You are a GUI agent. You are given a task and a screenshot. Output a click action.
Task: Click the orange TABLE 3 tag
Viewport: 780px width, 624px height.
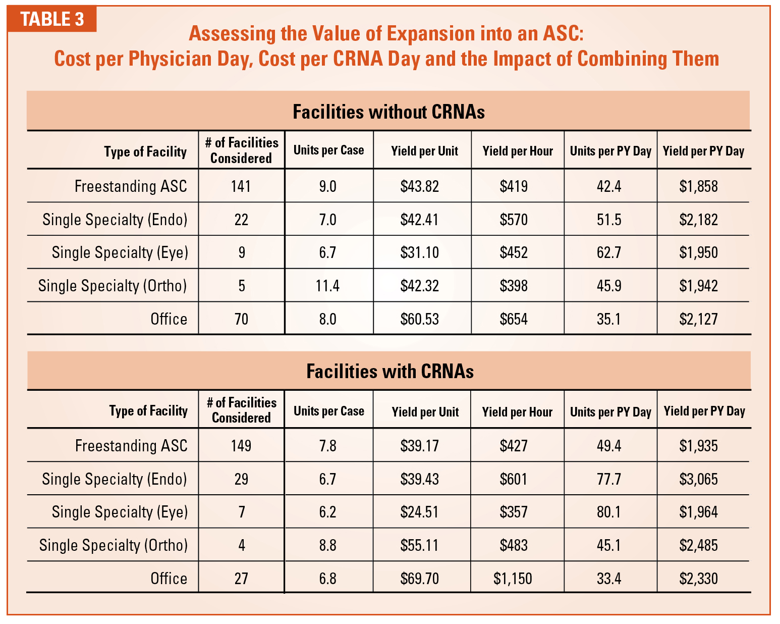pos(52,19)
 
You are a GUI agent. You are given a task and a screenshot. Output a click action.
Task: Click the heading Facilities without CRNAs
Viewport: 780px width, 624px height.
pos(388,112)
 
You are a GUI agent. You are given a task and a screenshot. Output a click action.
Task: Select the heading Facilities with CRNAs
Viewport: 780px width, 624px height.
pos(389,371)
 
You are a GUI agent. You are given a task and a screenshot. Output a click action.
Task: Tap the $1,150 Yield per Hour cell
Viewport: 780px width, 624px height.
pos(513,578)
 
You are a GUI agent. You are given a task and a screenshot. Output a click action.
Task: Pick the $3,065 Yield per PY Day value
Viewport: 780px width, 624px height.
pos(698,479)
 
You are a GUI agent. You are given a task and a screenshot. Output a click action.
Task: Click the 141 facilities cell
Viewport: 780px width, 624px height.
pos(241,186)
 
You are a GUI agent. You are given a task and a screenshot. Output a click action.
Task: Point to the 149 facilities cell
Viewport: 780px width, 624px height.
pos(241,446)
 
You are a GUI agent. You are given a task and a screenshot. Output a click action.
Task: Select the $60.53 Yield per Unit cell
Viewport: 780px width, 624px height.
pos(420,319)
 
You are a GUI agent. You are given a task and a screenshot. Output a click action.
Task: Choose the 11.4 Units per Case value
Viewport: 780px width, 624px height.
pos(327,286)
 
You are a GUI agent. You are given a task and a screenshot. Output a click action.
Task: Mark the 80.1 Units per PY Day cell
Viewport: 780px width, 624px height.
pos(609,512)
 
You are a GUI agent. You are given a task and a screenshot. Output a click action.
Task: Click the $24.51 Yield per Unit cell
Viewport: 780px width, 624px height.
pos(420,512)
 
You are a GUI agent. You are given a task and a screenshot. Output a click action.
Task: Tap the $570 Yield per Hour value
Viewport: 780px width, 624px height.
pos(514,220)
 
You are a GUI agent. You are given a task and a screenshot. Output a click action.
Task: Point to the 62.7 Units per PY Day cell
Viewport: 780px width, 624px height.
pos(609,252)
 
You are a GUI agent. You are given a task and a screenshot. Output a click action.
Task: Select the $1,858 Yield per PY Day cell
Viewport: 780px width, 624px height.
pos(698,186)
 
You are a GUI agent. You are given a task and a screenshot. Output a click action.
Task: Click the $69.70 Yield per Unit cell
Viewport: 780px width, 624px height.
pos(420,578)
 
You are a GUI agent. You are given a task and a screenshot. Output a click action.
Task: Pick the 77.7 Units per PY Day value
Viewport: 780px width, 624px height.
pos(609,479)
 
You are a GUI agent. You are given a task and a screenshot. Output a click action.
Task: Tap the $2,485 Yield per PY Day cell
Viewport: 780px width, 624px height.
pos(698,545)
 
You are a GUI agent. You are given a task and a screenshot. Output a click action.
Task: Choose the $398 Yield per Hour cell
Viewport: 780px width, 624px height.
pos(514,286)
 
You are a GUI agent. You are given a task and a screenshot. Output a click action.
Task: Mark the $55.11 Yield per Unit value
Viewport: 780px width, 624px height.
pos(420,545)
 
